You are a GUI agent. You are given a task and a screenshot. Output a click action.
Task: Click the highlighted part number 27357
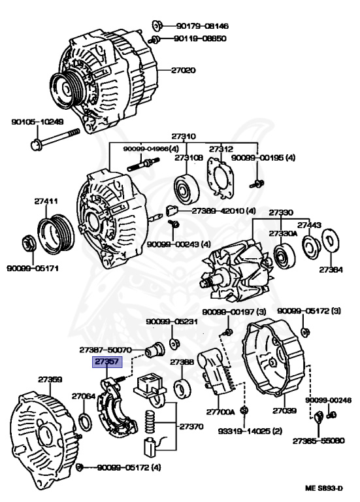tap(107, 361)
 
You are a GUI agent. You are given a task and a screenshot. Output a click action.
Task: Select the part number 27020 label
tap(183, 70)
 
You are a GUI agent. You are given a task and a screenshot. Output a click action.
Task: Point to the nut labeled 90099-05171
tap(28, 244)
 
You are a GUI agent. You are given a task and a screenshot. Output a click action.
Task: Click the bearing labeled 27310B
tap(187, 189)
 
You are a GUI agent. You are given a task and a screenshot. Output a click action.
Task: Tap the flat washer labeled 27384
tap(330, 241)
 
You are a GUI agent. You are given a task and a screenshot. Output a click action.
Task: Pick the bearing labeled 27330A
tap(284, 256)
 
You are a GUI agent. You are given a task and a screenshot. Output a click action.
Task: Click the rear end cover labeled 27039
tap(274, 361)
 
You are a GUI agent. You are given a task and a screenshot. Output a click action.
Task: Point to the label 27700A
tap(220, 412)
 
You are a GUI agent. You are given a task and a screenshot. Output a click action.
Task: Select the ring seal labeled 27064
tap(84, 422)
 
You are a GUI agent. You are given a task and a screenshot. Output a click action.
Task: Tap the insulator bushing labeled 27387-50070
tap(155, 350)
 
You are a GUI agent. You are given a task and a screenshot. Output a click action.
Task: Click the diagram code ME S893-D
tap(323, 488)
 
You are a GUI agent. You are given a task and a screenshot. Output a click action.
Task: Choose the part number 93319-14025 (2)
tap(250, 431)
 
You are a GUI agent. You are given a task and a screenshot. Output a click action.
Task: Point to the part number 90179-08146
tap(202, 26)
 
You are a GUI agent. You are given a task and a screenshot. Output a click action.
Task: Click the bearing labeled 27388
tap(182, 388)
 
